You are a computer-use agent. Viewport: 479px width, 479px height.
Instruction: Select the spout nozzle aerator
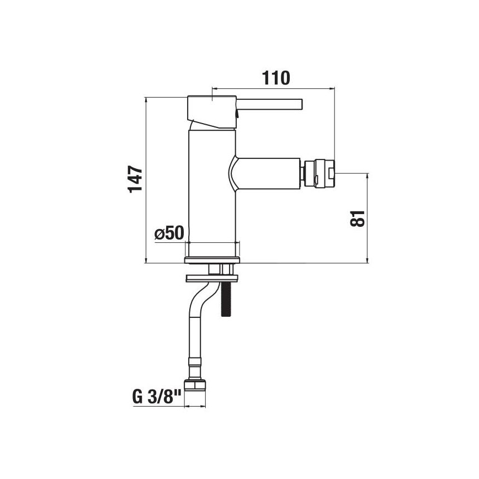coord(318,171)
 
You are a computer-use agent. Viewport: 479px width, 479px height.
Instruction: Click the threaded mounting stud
coord(226,301)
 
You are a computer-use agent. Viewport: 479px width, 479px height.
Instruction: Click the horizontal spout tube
coord(270,171)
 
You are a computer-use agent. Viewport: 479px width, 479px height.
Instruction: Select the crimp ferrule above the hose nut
coord(194,367)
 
